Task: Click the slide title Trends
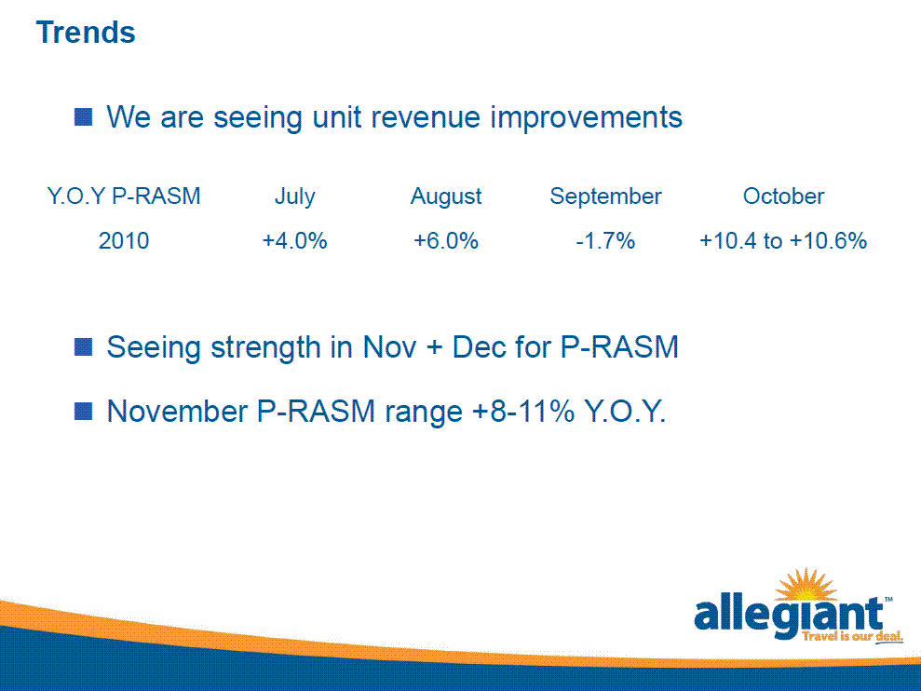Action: coord(86,33)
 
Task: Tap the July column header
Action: coord(295,196)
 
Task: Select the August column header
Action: coord(446,196)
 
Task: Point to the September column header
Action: coord(605,196)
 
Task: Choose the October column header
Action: coord(783,196)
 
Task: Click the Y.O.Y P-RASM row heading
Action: coord(124,196)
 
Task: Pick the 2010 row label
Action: coord(123,241)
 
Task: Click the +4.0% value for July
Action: coord(294,241)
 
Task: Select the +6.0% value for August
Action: coord(446,241)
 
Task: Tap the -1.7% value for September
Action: coord(605,241)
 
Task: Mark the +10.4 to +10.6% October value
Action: coord(783,241)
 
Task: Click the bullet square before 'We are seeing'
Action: coord(84,117)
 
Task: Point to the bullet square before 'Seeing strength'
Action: coord(84,347)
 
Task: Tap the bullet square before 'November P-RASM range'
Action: coord(84,412)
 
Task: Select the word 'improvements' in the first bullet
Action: coord(586,117)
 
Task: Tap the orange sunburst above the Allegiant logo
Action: coord(806,584)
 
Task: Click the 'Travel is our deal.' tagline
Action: coord(853,636)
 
